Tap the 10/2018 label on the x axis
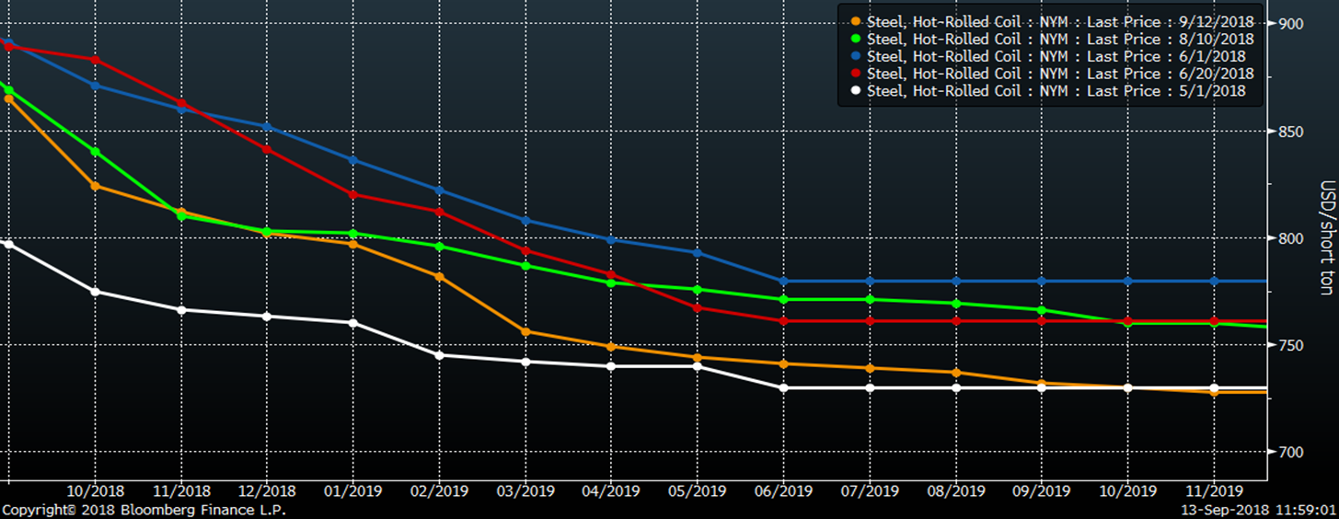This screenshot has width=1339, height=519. pyautogui.click(x=95, y=491)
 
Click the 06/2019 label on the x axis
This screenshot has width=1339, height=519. pyautogui.click(x=783, y=491)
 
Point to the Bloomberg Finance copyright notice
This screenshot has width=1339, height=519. pyautogui.click(x=144, y=510)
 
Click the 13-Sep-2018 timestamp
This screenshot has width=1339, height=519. pyautogui.click(x=1258, y=510)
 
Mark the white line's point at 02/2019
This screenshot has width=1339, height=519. pyautogui.click(x=439, y=355)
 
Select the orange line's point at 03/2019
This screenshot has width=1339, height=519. pyautogui.click(x=525, y=331)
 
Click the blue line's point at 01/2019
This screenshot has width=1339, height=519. pyautogui.click(x=353, y=160)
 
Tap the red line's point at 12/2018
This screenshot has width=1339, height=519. pyautogui.click(x=267, y=149)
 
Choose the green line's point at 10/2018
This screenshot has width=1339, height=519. pyautogui.click(x=95, y=151)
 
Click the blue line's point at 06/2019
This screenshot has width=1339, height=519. pyautogui.click(x=783, y=281)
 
